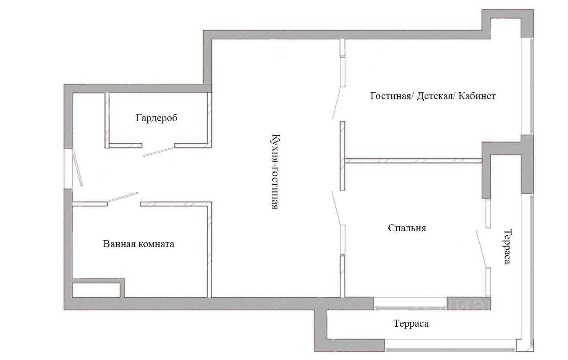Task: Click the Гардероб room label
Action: tap(157, 118)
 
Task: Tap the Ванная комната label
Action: tap(138, 244)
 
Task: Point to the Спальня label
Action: tap(407, 228)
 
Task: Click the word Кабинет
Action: tap(477, 96)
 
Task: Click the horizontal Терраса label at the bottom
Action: tap(411, 324)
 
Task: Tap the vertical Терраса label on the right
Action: tap(507, 247)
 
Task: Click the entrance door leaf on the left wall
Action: tap(77, 168)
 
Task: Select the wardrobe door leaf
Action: tap(159, 151)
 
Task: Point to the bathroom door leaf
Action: tap(123, 197)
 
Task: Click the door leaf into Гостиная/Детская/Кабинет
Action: tap(337, 103)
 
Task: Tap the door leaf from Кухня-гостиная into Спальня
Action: tap(336, 208)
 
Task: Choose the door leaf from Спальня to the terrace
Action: tap(481, 249)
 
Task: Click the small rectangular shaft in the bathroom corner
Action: tap(96, 290)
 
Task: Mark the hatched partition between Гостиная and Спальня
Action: tap(413, 161)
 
